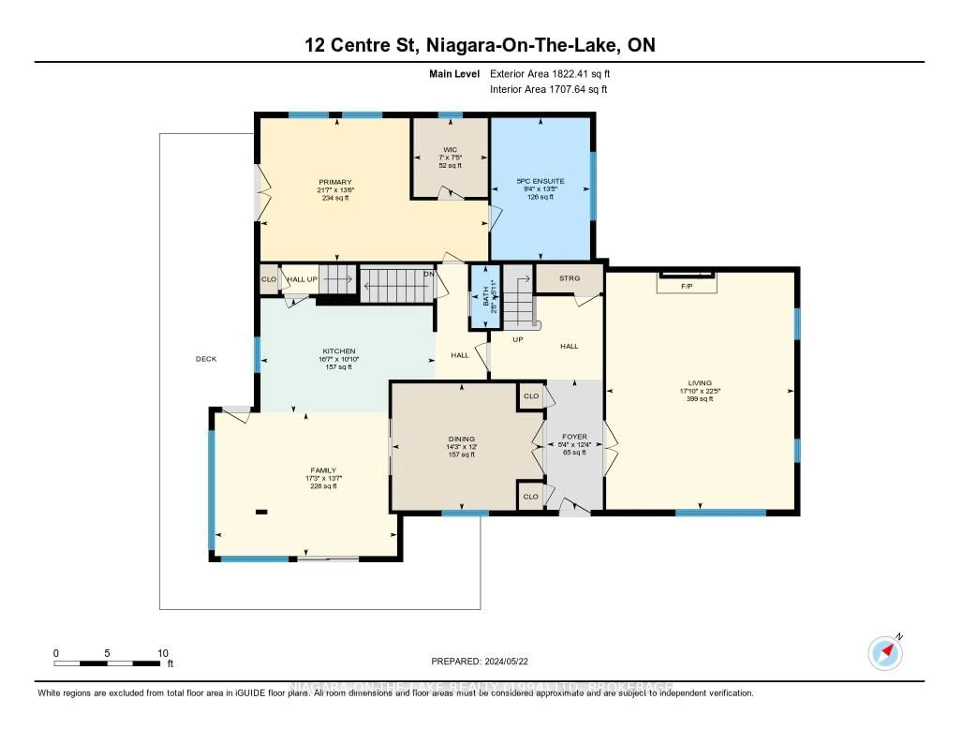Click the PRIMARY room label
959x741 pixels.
pyautogui.click(x=335, y=182)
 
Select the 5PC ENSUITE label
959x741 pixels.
pyautogui.click(x=540, y=181)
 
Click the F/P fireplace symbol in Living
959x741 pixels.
pyautogui.click(x=687, y=286)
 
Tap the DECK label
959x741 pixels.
pyautogui.click(x=206, y=359)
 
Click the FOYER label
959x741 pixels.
pyautogui.click(x=574, y=437)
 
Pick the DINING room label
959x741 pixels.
pyautogui.click(x=462, y=439)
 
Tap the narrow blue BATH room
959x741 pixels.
pyautogui.click(x=485, y=297)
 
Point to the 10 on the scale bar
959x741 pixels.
pyautogui.click(x=163, y=653)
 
